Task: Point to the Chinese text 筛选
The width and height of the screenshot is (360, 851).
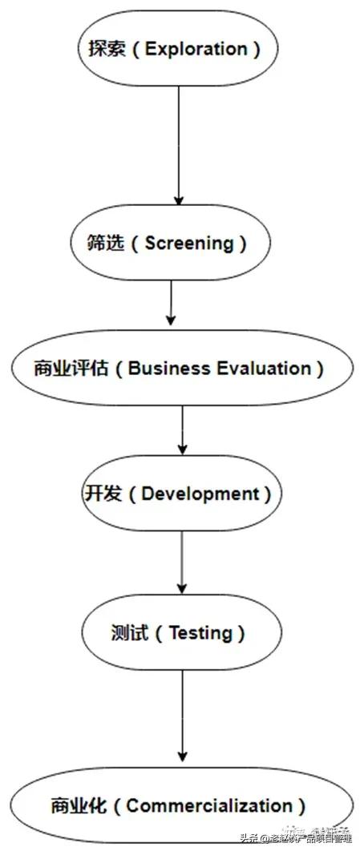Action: tap(104, 244)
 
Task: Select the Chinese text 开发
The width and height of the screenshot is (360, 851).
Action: tap(103, 494)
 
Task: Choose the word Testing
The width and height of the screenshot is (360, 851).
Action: tap(200, 633)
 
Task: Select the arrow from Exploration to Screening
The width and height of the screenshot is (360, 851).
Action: tap(179, 144)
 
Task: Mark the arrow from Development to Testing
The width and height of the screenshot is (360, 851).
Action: tap(182, 561)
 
